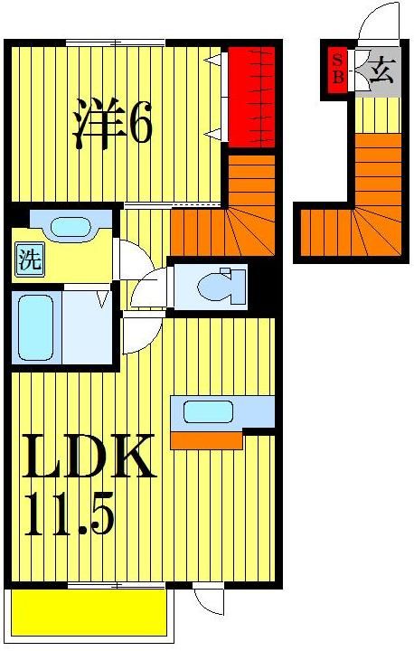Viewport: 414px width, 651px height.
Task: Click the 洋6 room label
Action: pyautogui.click(x=112, y=124)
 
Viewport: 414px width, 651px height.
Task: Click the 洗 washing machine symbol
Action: pyautogui.click(x=29, y=261)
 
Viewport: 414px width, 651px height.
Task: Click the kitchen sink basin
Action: pyautogui.click(x=208, y=412)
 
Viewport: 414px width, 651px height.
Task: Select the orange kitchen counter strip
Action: pyautogui.click(x=206, y=440)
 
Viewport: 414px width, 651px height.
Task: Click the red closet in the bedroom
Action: pyautogui.click(x=250, y=98)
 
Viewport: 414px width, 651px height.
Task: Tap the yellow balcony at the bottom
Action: pyautogui.click(x=89, y=613)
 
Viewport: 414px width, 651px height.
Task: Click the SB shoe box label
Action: pyautogui.click(x=338, y=69)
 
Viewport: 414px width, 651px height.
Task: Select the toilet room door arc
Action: pyautogui.click(x=148, y=288)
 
